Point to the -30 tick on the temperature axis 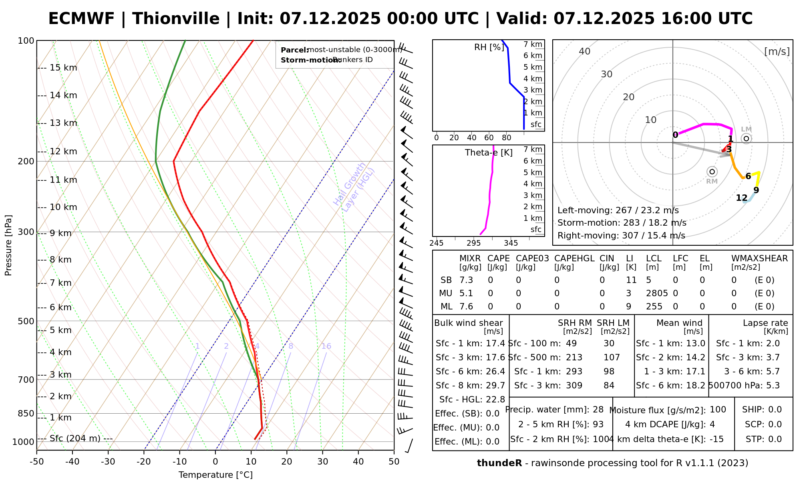[108, 462]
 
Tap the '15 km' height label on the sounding [63, 68]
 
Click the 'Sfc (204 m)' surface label [75, 439]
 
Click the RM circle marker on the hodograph [712, 172]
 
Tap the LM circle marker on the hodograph [746, 139]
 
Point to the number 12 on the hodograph [742, 198]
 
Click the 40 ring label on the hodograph [585, 51]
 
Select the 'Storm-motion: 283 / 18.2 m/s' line [622, 223]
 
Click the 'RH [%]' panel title [489, 47]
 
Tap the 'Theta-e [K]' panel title [489, 153]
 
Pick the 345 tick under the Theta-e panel [511, 243]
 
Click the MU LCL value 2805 [657, 293]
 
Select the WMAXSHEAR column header [759, 259]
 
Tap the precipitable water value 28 [598, 410]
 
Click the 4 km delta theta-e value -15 [716, 439]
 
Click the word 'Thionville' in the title [176, 19]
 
